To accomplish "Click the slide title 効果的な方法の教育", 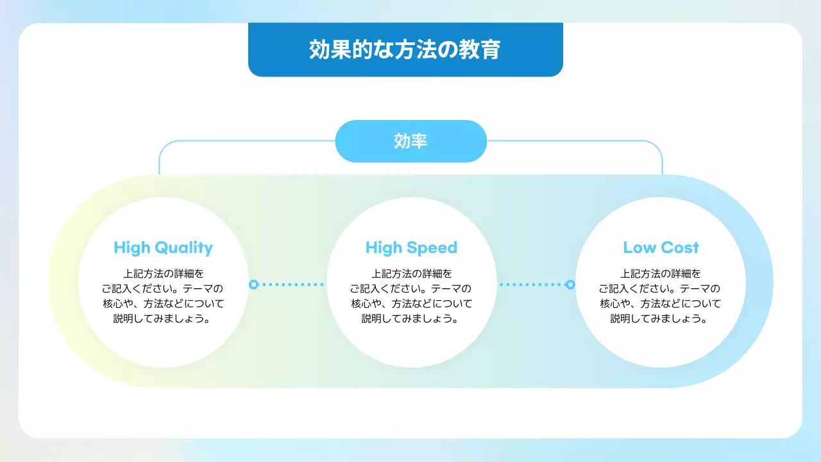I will pyautogui.click(x=405, y=50).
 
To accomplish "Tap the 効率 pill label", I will pyautogui.click(x=410, y=141).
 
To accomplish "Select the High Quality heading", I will pyautogui.click(x=163, y=248).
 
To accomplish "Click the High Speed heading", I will pyautogui.click(x=411, y=248).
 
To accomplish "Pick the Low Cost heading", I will pyautogui.click(x=661, y=248).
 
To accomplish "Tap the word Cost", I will pyautogui.click(x=680, y=248).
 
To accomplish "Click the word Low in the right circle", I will pyautogui.click(x=638, y=248).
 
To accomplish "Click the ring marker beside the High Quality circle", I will pyautogui.click(x=253, y=284).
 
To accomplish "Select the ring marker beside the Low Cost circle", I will pyautogui.click(x=570, y=284).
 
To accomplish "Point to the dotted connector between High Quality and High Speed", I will pyautogui.click(x=292, y=284).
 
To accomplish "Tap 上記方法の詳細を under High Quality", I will pyautogui.click(x=163, y=273).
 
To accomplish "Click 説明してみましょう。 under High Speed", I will pyautogui.click(x=411, y=319).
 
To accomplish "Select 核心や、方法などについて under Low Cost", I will pyautogui.click(x=661, y=304).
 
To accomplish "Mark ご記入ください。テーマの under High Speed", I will pyautogui.click(x=411, y=289).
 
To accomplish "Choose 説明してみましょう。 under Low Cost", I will pyautogui.click(x=661, y=319).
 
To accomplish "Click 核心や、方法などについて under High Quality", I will pyautogui.click(x=163, y=304).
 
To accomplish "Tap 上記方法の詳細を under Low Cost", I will pyautogui.click(x=661, y=273).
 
